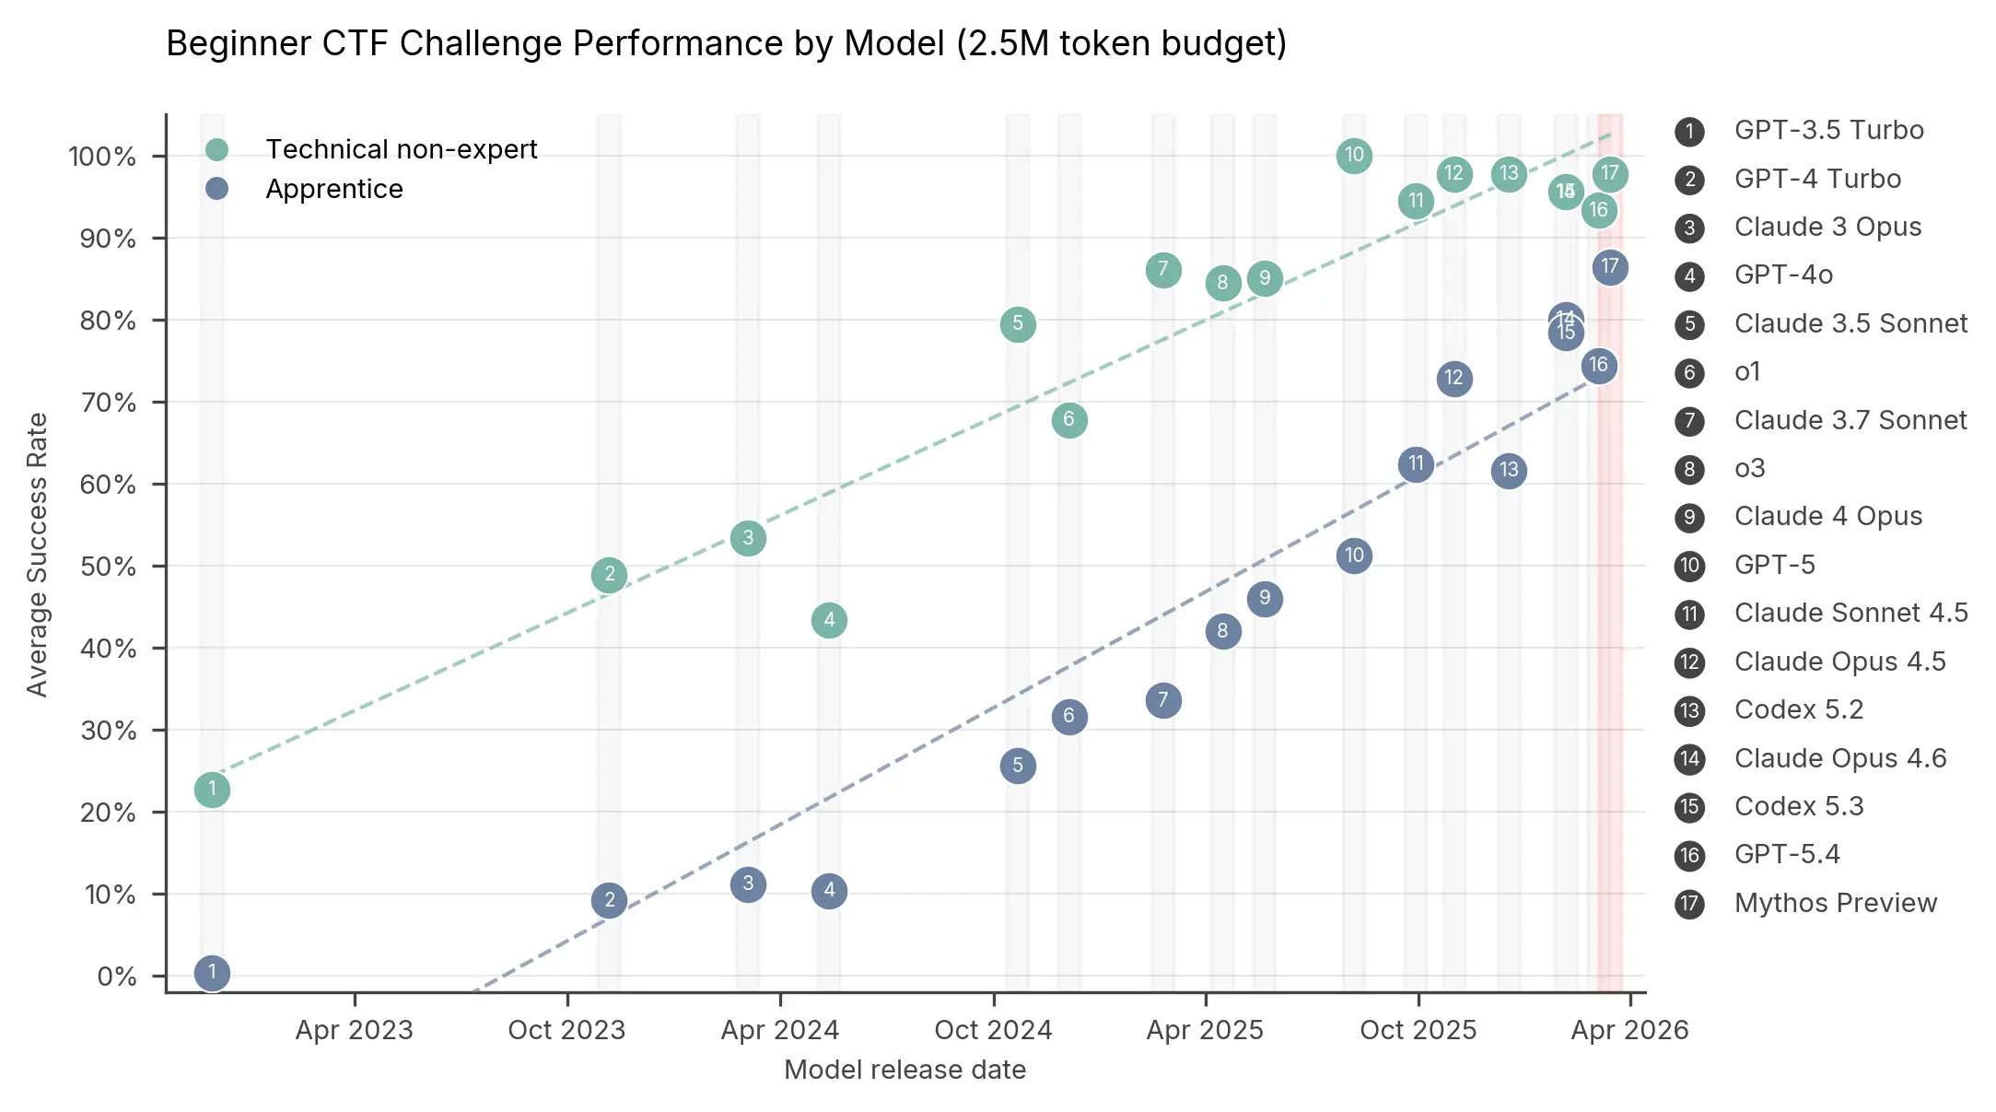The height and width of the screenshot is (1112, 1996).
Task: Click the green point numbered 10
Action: point(1353,156)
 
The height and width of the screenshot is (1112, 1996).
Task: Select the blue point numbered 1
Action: point(212,973)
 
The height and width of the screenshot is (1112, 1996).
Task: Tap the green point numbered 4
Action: point(829,620)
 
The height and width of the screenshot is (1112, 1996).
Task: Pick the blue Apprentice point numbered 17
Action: point(1609,267)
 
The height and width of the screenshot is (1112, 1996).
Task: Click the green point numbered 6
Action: point(1068,420)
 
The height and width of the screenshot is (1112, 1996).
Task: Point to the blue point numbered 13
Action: point(1508,471)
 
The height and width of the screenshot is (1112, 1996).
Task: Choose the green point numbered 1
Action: point(212,790)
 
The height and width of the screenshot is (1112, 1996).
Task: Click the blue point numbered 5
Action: point(1017,766)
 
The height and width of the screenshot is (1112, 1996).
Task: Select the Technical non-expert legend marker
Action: point(216,149)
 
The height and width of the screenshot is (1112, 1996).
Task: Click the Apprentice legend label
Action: point(334,189)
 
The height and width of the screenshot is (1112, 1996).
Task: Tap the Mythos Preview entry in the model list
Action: point(1835,903)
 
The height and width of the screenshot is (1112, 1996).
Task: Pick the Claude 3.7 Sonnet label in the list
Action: point(1850,420)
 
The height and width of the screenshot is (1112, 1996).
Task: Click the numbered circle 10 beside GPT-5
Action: point(1689,566)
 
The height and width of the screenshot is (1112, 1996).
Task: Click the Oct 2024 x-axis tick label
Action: point(993,1030)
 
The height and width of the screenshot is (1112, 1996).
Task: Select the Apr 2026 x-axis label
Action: point(1628,1030)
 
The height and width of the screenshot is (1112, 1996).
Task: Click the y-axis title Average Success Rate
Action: point(37,555)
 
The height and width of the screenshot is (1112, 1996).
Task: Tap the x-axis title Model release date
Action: point(905,1070)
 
